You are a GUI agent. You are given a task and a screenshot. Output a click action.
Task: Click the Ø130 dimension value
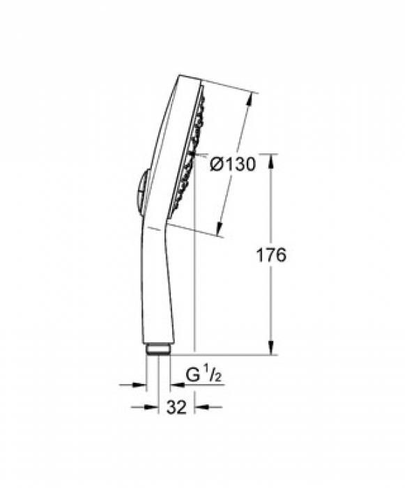(x=232, y=165)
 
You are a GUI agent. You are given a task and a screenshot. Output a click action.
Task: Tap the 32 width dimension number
(x=177, y=407)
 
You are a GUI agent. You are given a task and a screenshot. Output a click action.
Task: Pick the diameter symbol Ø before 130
(x=217, y=165)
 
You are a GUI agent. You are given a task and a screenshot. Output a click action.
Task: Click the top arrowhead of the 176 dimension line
(x=272, y=160)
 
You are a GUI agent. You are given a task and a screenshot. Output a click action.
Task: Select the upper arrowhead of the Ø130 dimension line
(x=249, y=98)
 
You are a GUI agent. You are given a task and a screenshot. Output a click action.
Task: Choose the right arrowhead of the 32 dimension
(x=199, y=407)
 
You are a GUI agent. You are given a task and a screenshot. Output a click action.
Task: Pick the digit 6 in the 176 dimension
(x=281, y=255)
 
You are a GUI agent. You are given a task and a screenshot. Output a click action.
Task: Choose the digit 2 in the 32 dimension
(x=183, y=407)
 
